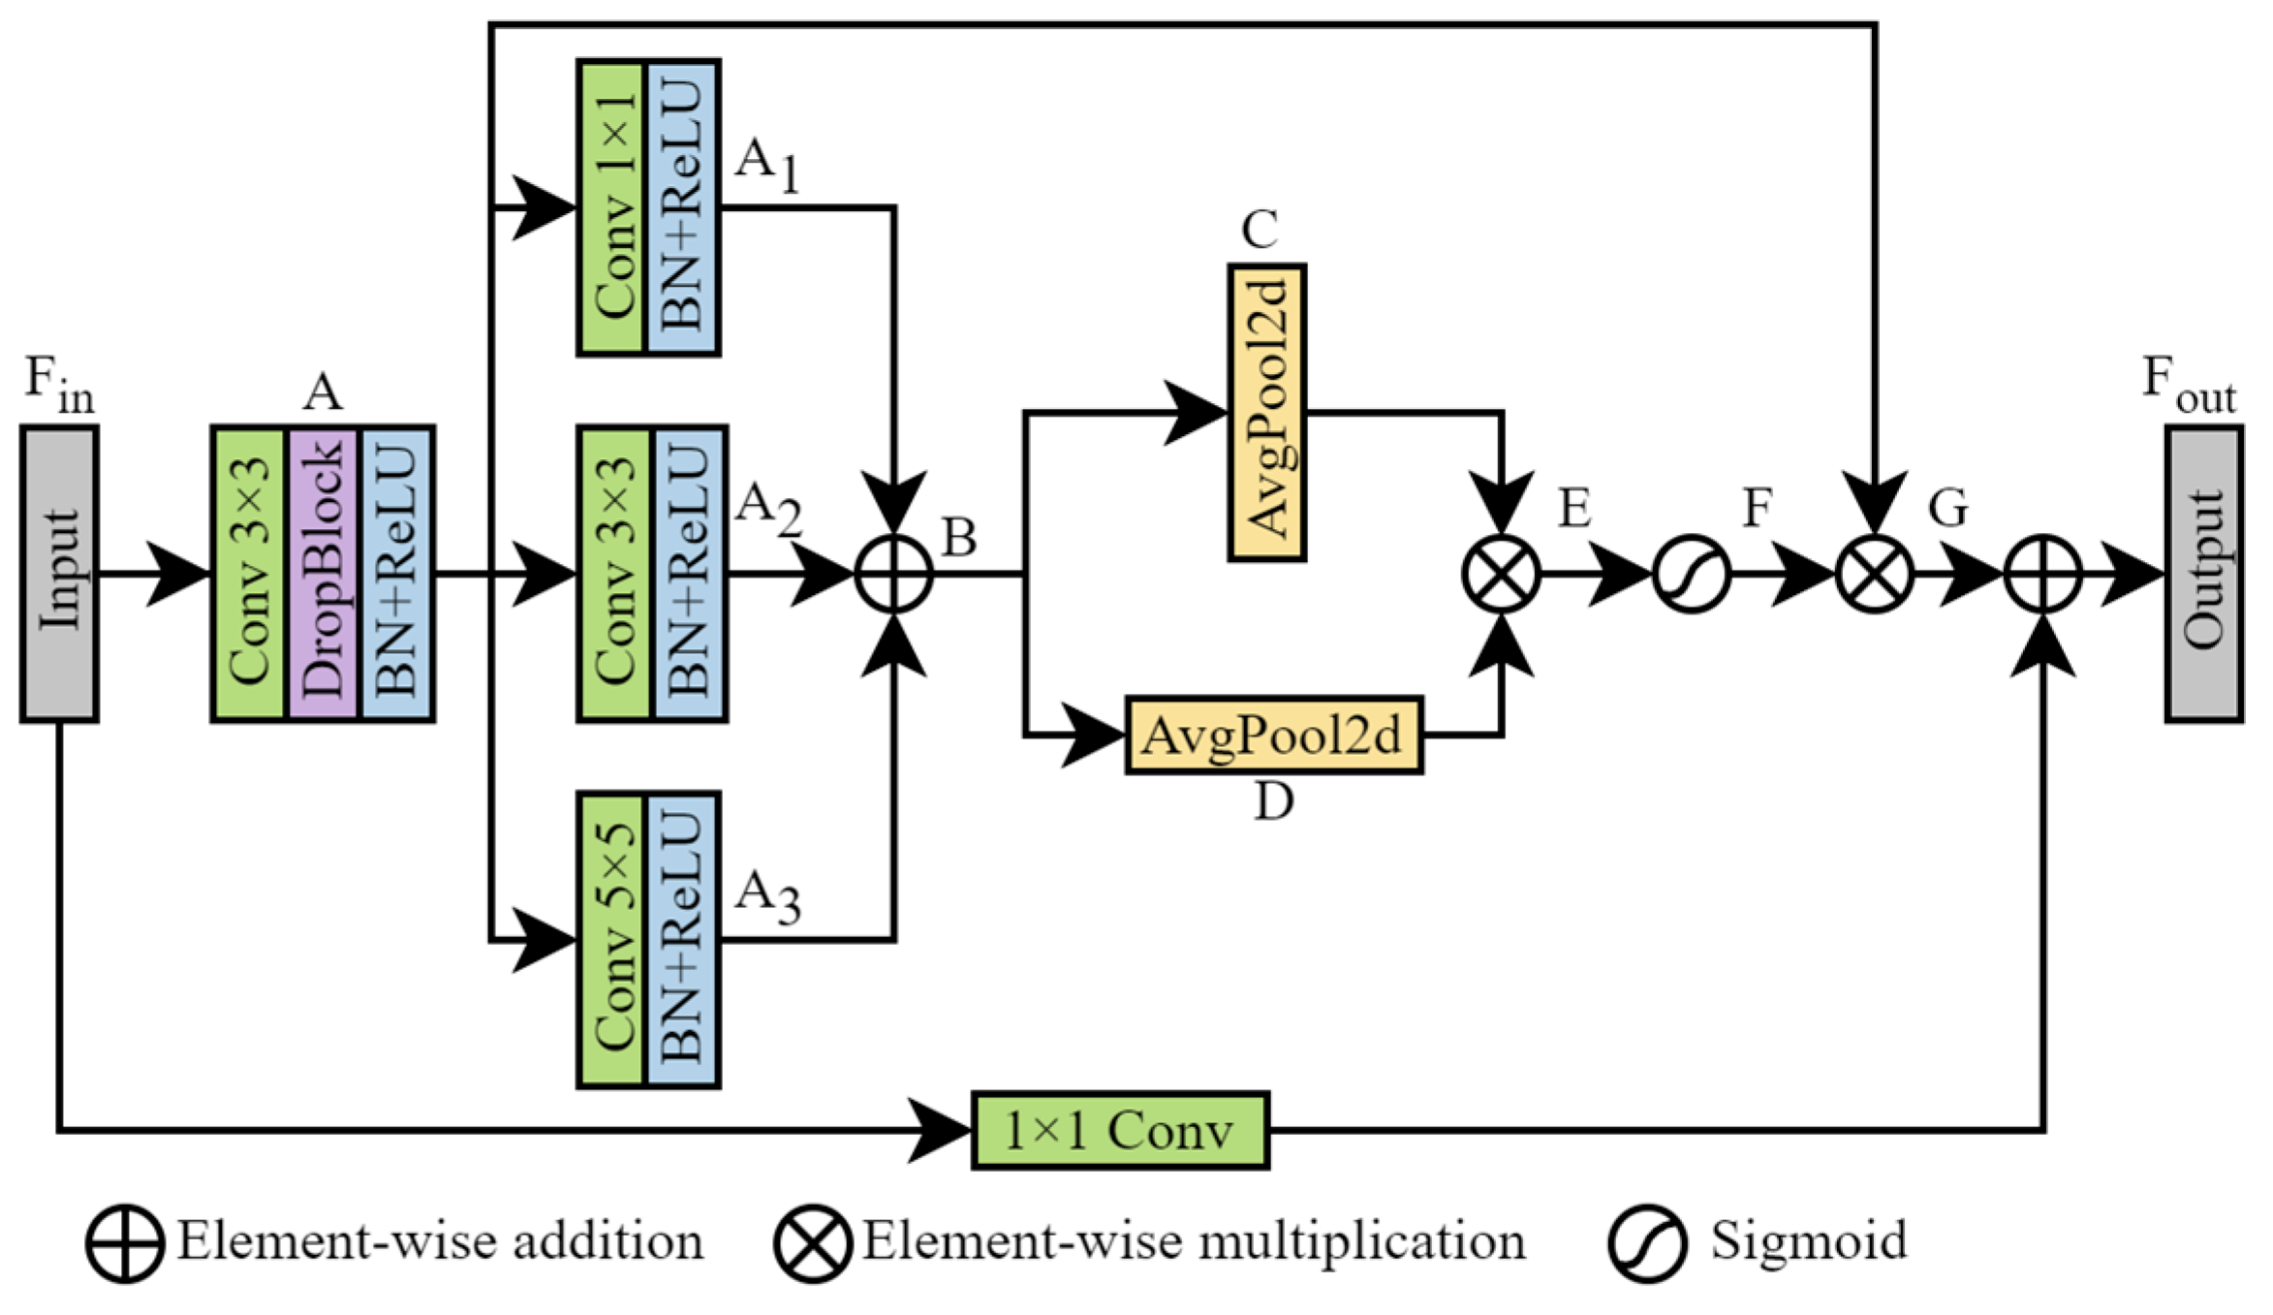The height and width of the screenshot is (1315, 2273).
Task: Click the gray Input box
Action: pyautogui.click(x=59, y=574)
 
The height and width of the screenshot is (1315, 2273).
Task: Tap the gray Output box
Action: pyautogui.click(x=2203, y=574)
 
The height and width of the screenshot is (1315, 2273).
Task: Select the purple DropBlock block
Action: pyautogui.click(x=323, y=574)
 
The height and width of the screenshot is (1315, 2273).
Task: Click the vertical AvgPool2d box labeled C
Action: pyautogui.click(x=1266, y=413)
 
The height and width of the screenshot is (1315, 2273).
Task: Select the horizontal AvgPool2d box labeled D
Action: pyautogui.click(x=1273, y=736)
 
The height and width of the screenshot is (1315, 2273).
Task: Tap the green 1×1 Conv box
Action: pyautogui.click(x=1120, y=1130)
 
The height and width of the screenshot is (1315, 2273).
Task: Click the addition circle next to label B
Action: pyautogui.click(x=893, y=575)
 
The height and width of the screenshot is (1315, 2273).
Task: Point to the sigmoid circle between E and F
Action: pyautogui.click(x=1691, y=575)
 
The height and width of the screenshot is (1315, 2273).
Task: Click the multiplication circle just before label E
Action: pyautogui.click(x=1501, y=575)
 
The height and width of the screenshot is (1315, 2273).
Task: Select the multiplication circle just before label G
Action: pyautogui.click(x=1875, y=575)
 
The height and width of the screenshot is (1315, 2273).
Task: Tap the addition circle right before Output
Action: pyautogui.click(x=2042, y=575)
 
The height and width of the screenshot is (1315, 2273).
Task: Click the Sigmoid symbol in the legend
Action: pyautogui.click(x=1647, y=1243)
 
